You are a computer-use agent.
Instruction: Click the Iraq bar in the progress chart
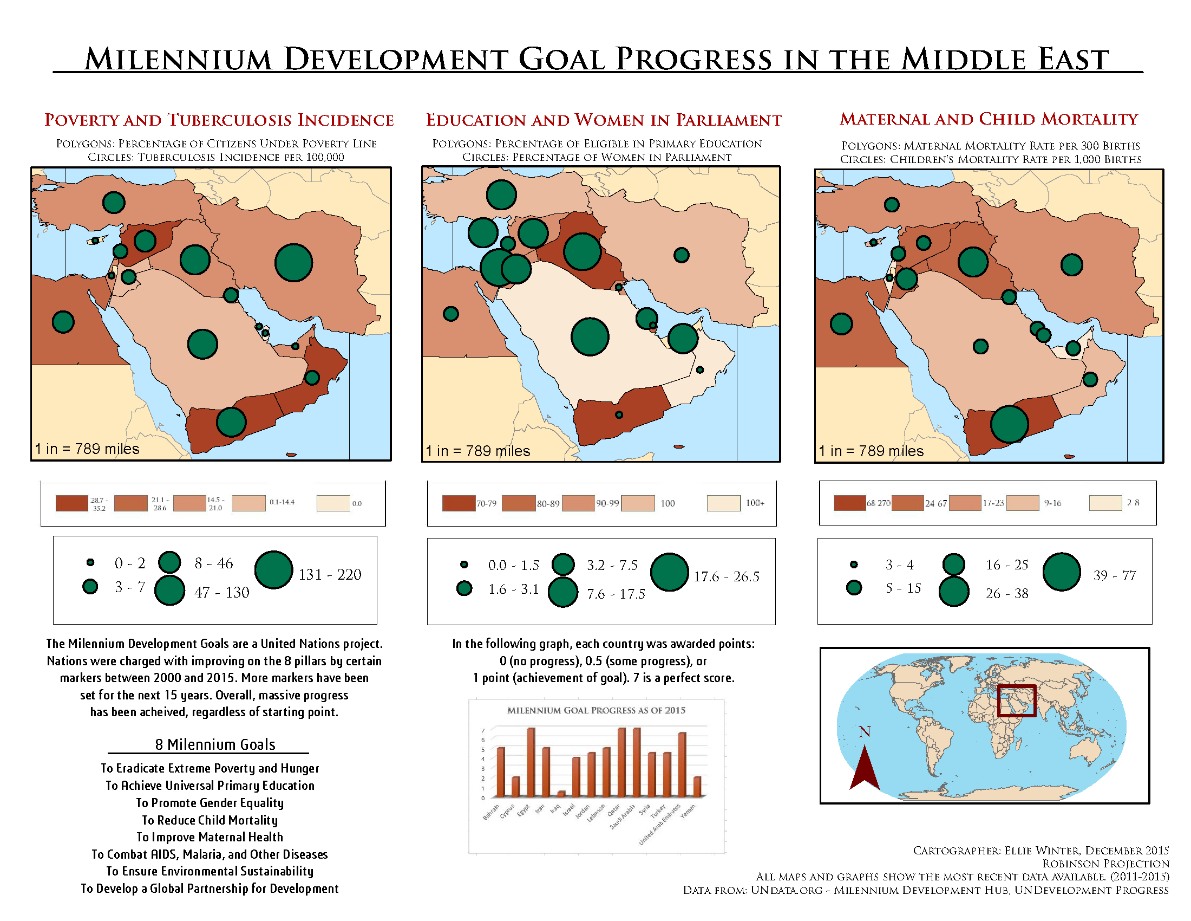click(x=561, y=793)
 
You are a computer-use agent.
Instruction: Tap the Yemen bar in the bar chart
click(x=697, y=786)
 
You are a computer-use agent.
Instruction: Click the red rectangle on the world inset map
click(x=1017, y=701)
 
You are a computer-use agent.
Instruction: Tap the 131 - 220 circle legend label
click(x=329, y=574)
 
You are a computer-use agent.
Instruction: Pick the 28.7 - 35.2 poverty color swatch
click(x=71, y=503)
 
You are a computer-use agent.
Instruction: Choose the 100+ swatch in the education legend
click(x=723, y=503)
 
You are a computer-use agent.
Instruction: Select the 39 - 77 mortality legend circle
click(x=1061, y=572)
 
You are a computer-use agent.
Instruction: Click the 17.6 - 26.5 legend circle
click(x=669, y=572)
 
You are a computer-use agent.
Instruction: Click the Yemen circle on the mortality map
click(x=1010, y=424)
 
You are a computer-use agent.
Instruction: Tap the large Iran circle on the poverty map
click(x=293, y=263)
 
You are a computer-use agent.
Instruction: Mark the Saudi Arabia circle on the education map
click(x=590, y=336)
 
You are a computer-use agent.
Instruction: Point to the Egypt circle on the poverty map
click(x=63, y=322)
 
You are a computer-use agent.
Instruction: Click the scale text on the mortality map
click(x=871, y=451)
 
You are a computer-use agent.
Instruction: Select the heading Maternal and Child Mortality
click(x=988, y=119)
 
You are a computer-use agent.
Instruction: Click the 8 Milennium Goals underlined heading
click(x=215, y=745)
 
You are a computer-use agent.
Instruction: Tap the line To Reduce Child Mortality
click(x=210, y=820)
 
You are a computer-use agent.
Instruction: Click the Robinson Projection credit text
click(x=1105, y=864)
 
